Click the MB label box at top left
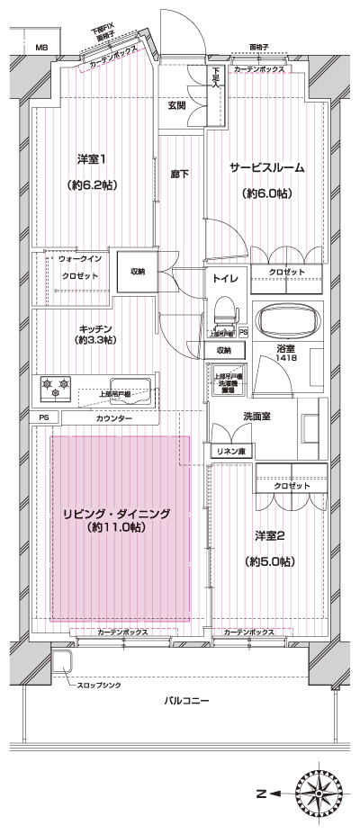pyautogui.click(x=40, y=46)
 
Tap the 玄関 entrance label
pyautogui.click(x=176, y=105)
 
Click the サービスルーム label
pyautogui.click(x=265, y=167)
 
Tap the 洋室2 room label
pyautogui.click(x=269, y=536)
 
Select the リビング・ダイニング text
pyautogui.click(x=116, y=514)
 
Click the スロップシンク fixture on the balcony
pyautogui.click(x=62, y=662)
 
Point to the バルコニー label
pyautogui.click(x=188, y=699)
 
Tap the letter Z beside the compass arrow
pyautogui.click(x=260, y=794)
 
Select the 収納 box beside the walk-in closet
pyautogui.click(x=137, y=271)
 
